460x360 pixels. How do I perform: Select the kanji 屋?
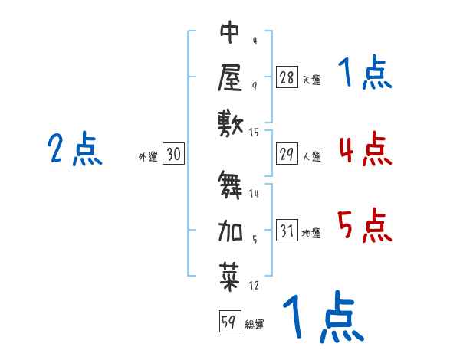(x=231, y=77)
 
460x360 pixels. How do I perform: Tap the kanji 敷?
(x=231, y=123)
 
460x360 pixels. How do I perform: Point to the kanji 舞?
(x=231, y=185)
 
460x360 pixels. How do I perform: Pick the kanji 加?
(x=231, y=229)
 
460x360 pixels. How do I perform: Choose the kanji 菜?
(x=231, y=274)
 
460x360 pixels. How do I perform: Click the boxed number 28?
(x=287, y=77)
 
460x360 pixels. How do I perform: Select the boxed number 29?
(x=287, y=155)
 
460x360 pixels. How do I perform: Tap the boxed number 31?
(x=287, y=231)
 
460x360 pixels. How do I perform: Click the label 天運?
(x=311, y=80)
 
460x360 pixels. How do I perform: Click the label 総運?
(x=255, y=324)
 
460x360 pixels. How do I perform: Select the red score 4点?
(x=364, y=149)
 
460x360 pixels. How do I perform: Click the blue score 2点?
(x=74, y=149)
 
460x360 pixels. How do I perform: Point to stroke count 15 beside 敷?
(x=255, y=133)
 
